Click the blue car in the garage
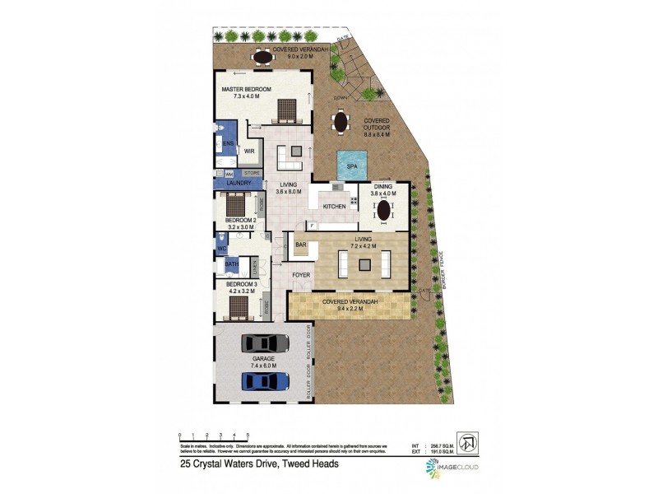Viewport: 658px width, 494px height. (265, 380)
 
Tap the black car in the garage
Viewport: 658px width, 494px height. (264, 343)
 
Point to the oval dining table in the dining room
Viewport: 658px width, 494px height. (383, 210)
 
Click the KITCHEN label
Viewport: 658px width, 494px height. (334, 206)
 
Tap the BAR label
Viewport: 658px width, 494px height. (301, 244)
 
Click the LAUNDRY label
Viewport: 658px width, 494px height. (232, 183)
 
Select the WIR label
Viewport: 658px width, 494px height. (248, 151)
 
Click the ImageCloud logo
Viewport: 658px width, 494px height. (453, 468)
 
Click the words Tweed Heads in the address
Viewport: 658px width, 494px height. (309, 464)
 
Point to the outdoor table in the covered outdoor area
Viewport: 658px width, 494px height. (340, 123)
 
